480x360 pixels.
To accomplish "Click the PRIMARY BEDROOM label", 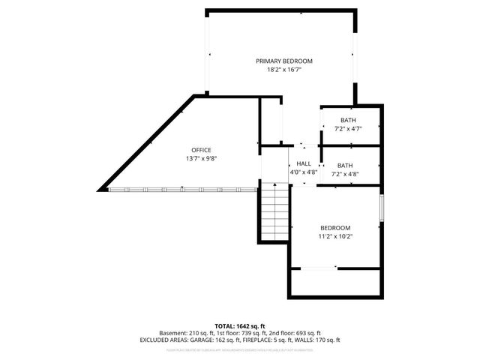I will click(x=284, y=61).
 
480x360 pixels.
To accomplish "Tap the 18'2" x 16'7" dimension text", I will click(x=284, y=70).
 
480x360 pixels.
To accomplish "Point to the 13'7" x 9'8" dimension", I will click(x=201, y=159).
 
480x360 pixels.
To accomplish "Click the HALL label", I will click(x=304, y=163).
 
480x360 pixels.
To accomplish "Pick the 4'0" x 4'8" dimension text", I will click(x=304, y=172).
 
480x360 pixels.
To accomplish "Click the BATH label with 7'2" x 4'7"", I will click(x=348, y=120).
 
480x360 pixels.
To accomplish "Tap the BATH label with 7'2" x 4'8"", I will click(x=345, y=166).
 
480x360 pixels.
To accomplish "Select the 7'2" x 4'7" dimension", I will click(x=348, y=129).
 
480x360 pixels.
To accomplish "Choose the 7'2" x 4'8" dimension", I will click(x=345, y=175).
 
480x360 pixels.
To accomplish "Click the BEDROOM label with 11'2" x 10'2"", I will click(x=335, y=228).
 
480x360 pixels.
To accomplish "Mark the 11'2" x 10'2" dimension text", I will click(x=335, y=237).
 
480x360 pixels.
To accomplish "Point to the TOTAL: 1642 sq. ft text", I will click(x=240, y=326).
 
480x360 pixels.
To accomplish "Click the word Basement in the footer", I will click(x=173, y=333).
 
